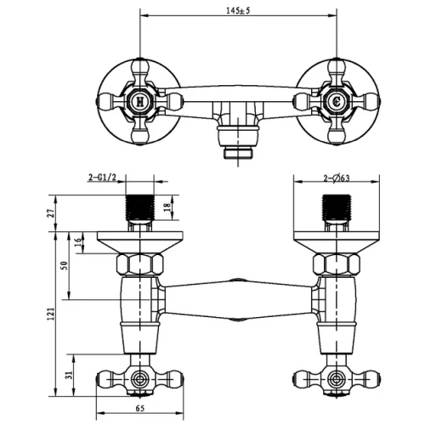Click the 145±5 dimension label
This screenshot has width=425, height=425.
[238, 11]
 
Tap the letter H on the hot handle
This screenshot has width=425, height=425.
[140, 101]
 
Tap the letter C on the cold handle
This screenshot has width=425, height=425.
[337, 101]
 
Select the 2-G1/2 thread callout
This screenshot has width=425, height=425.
[102, 178]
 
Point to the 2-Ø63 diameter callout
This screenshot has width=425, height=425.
[337, 178]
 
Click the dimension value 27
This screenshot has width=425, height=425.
[51, 213]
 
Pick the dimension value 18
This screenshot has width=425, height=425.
[167, 207]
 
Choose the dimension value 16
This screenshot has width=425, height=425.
[77, 241]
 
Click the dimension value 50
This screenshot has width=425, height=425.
[65, 265]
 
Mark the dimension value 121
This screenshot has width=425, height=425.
[51, 314]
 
